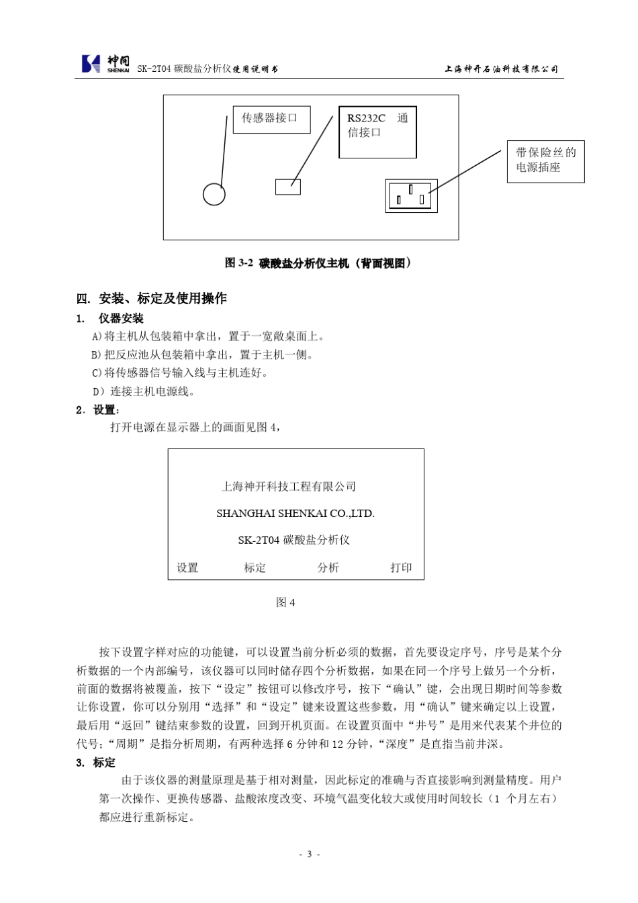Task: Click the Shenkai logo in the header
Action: click(x=105, y=64)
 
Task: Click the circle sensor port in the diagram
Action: click(x=214, y=195)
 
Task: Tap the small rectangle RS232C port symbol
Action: click(x=287, y=187)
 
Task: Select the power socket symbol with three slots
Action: click(x=411, y=196)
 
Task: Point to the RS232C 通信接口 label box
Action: click(x=377, y=132)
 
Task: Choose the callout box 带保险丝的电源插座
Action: click(x=545, y=160)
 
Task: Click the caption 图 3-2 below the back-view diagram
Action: click(x=318, y=263)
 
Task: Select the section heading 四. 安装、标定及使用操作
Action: click(x=152, y=299)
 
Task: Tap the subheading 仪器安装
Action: click(x=121, y=318)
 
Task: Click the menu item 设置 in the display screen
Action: click(x=187, y=568)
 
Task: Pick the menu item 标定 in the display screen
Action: click(x=255, y=568)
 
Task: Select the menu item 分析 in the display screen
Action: click(x=328, y=568)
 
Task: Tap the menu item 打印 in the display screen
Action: click(x=401, y=568)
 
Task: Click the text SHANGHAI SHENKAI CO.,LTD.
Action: click(x=295, y=514)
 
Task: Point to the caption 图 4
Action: click(x=285, y=603)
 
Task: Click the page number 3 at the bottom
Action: click(x=309, y=854)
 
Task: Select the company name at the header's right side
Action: click(x=501, y=68)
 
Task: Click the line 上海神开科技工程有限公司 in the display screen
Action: click(x=289, y=487)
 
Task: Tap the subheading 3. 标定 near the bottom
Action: click(x=96, y=762)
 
